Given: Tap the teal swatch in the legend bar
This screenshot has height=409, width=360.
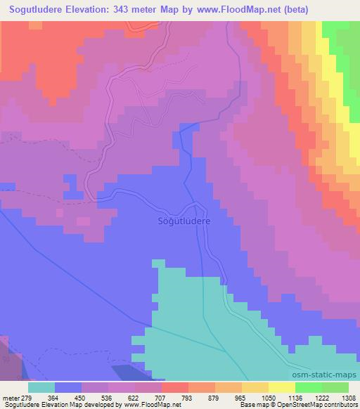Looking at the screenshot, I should coord(41,387).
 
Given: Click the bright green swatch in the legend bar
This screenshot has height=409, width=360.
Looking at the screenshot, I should coord(309,387).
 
